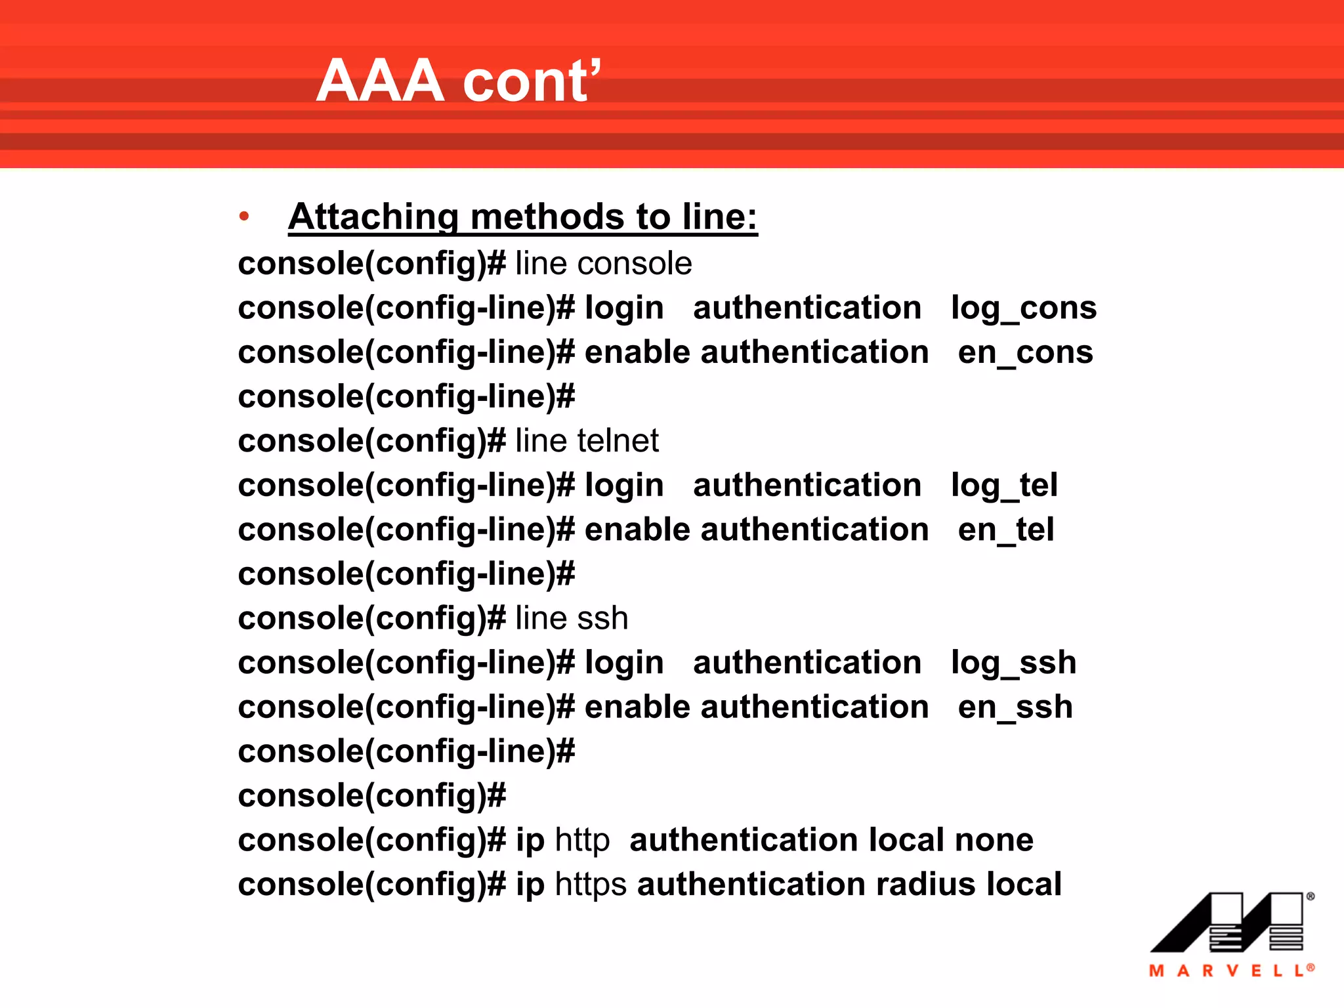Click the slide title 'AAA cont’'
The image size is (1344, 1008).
(458, 81)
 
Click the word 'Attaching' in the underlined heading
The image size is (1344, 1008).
(373, 217)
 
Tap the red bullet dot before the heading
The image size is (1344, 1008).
(244, 216)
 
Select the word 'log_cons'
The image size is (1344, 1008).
(1024, 308)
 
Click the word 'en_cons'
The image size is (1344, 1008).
(1025, 353)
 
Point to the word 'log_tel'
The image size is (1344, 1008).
(1004, 486)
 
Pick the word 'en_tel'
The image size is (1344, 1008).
(1005, 530)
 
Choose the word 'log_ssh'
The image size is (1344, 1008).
(1013, 663)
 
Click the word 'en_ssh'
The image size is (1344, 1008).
(1015, 707)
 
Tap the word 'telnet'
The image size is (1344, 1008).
(618, 441)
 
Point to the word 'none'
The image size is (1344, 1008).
(994, 841)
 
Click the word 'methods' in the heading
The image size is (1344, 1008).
(547, 217)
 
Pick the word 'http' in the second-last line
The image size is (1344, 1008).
(582, 841)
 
